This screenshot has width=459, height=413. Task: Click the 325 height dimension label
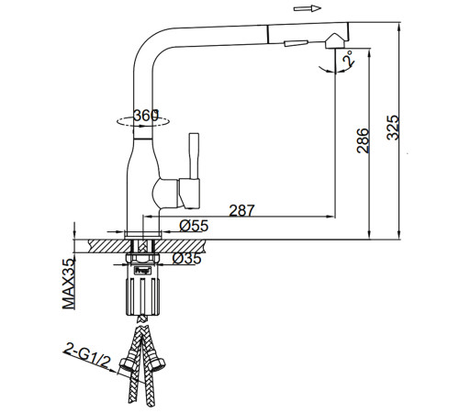click(393, 128)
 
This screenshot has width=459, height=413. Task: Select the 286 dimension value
click(363, 140)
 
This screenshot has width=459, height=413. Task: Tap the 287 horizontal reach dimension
click(241, 210)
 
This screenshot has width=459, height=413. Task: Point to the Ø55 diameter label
click(194, 226)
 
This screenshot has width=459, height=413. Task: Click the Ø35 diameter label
click(186, 259)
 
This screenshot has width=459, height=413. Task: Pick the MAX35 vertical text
click(69, 284)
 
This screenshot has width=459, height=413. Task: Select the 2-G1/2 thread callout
click(86, 355)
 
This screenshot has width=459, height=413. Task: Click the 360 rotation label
click(146, 116)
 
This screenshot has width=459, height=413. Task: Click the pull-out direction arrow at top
click(308, 8)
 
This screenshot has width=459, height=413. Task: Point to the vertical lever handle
click(195, 156)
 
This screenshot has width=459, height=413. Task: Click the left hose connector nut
click(127, 364)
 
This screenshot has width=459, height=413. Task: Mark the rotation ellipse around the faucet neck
click(143, 127)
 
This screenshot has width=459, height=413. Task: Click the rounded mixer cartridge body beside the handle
click(165, 194)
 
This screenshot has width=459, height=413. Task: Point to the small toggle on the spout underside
click(296, 43)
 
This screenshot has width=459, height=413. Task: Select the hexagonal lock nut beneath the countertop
click(143, 259)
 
